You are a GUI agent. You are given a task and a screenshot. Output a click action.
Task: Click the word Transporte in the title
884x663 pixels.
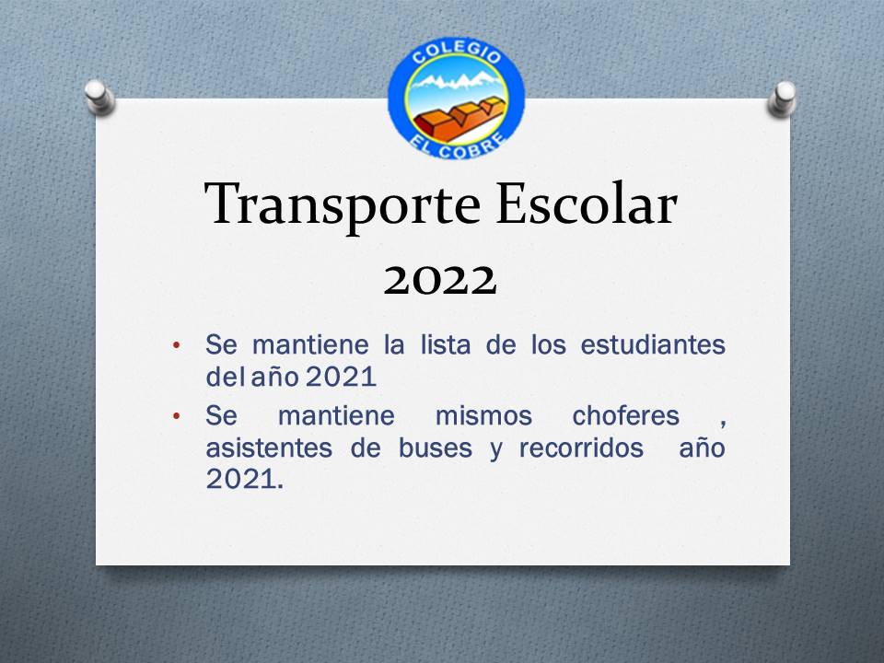[x=343, y=205]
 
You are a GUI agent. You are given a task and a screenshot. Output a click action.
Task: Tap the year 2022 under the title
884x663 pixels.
[x=440, y=280]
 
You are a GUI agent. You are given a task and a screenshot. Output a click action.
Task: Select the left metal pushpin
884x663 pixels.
[x=99, y=98]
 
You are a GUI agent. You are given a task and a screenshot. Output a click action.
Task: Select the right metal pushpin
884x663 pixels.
[x=782, y=99]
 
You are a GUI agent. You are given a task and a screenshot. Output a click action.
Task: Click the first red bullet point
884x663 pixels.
[x=177, y=344]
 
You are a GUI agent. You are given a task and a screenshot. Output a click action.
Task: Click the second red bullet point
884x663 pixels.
[x=177, y=416]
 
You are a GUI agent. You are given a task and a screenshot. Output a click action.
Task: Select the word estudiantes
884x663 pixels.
[x=653, y=344]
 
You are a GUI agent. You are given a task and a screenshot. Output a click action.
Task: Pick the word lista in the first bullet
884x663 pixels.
[x=446, y=344]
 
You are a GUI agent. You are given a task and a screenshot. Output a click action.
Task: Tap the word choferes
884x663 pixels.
[x=626, y=416]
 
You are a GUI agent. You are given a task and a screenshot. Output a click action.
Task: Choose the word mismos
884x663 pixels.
[x=483, y=416]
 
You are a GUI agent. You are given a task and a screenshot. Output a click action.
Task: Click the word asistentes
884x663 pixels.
[x=269, y=448]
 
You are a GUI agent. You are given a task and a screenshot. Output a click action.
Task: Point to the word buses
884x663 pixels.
[x=436, y=448]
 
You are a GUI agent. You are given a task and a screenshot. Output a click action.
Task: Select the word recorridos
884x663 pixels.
[x=581, y=448]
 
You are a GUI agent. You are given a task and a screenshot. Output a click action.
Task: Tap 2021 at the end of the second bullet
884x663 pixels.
[x=245, y=479]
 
